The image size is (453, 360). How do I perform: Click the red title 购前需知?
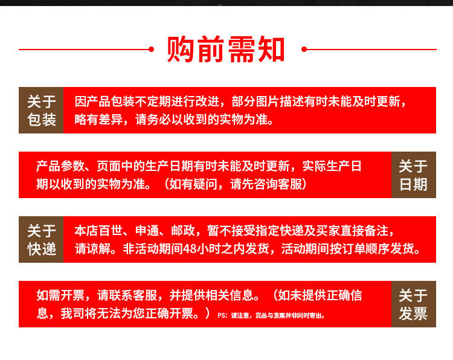tap(226, 50)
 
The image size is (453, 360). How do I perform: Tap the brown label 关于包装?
tap(41, 110)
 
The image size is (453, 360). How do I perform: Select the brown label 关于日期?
tap(413, 175)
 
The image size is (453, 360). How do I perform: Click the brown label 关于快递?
tap(41, 240)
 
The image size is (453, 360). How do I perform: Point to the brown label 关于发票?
tap(413, 304)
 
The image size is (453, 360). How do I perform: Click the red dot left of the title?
tap(151, 50)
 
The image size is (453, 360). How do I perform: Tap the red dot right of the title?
tap(304, 50)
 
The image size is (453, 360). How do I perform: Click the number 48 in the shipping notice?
tap(189, 248)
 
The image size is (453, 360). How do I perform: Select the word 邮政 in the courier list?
tap(183, 231)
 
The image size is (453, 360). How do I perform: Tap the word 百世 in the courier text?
tap(111, 231)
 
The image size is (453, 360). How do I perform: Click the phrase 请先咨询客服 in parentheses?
tap(266, 184)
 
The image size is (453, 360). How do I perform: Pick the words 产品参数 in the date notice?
tap(60, 166)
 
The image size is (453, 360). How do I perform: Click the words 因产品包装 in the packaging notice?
tap(104, 101)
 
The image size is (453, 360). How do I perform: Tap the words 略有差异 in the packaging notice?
tap(98, 120)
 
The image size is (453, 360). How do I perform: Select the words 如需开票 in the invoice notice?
tap(60, 295)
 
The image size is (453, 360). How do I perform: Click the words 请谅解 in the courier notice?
tap(92, 248)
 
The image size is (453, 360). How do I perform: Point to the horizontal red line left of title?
tap(84, 50)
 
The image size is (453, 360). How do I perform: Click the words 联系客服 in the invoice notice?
tap(133, 295)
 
